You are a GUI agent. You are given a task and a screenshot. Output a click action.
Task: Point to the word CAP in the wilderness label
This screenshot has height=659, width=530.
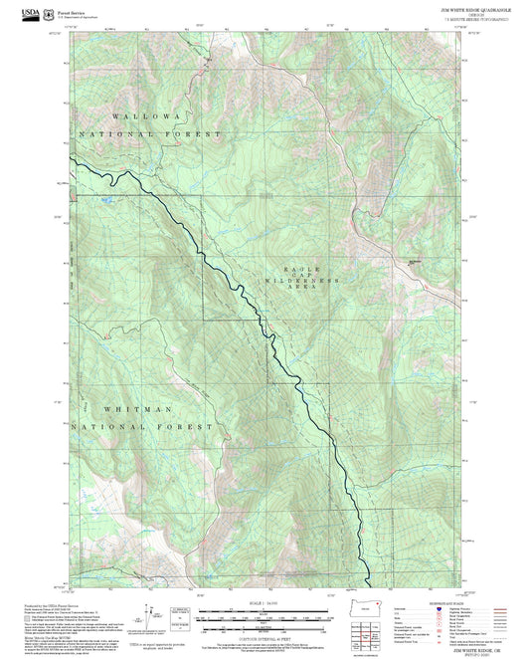[302, 276]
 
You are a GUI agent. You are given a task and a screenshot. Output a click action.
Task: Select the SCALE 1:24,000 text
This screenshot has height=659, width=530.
[254, 603]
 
